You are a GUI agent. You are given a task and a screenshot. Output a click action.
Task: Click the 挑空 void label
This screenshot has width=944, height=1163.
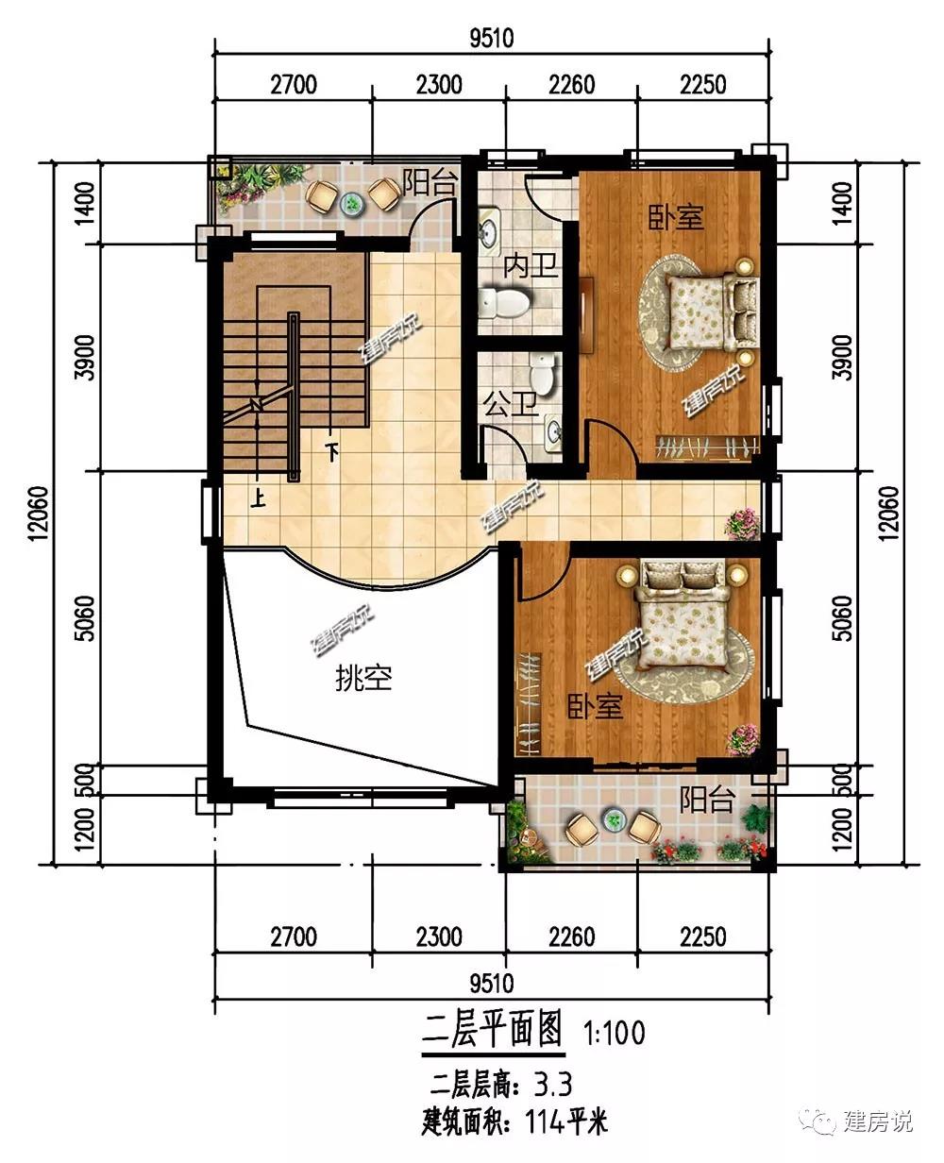coord(363,679)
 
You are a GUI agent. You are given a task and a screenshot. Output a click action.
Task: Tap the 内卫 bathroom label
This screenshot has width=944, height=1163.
coord(531,266)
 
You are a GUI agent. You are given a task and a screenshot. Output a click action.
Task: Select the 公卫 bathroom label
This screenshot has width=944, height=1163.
coord(511,405)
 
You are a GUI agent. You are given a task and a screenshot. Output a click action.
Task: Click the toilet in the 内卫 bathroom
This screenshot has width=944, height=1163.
coord(503,302)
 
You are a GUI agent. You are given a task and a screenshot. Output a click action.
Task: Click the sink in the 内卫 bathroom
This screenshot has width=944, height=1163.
coord(490,231)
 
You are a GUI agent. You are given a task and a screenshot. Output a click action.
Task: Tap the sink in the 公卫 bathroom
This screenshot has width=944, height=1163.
coord(553,433)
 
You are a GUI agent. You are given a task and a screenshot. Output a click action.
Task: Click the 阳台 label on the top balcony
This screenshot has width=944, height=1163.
coord(430,182)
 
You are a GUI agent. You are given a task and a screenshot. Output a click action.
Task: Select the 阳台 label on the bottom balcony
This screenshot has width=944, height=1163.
coord(706,800)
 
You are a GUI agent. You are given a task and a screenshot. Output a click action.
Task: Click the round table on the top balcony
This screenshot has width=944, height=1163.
coord(351,203)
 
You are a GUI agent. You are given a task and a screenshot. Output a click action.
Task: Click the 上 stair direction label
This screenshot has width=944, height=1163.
coord(258,498)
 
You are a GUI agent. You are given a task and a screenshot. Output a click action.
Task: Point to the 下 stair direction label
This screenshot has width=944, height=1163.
coord(331,452)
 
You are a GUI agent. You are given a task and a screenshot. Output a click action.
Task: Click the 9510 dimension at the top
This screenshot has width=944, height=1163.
coord(492,38)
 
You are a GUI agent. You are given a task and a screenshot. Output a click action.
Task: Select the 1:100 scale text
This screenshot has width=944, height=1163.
coord(615,1032)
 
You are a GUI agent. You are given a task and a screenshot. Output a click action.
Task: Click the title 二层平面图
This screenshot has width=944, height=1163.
coord(492,1030)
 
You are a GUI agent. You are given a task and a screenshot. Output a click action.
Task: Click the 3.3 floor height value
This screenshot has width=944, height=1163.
coord(553,1084)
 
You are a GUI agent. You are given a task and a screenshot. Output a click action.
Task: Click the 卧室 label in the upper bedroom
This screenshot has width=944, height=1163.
coord(675,217)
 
